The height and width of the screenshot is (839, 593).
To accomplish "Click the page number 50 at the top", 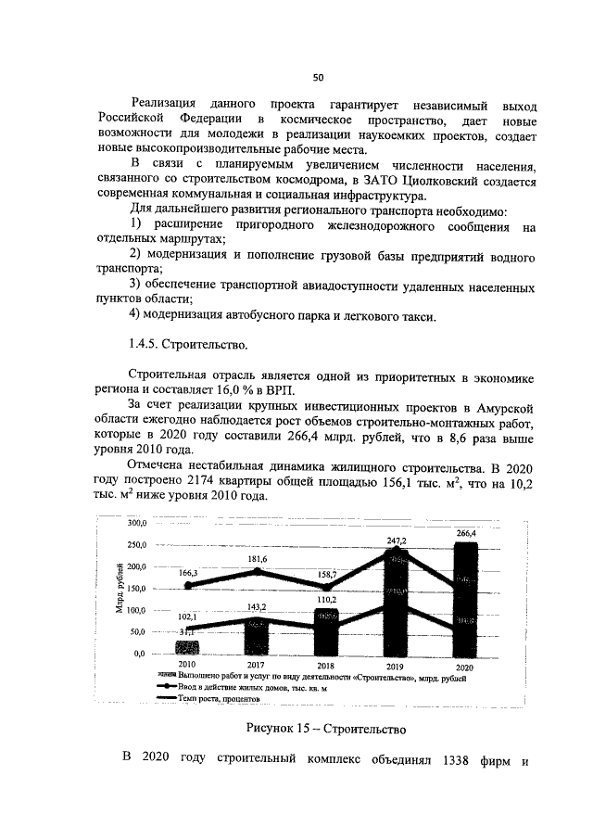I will point(316,76).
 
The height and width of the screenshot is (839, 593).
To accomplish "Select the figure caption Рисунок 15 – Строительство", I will point(313,729).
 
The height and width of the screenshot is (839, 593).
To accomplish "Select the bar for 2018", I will point(326,630).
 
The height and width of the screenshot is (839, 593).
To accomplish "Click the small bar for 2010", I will point(188,646).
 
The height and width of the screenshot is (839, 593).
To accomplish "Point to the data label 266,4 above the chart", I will point(466,533).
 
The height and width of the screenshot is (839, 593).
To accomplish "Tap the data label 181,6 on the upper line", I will point(257,559).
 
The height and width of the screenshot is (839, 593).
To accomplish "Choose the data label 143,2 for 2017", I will point(257,606).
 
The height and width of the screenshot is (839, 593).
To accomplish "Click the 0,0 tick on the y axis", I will point(141,654).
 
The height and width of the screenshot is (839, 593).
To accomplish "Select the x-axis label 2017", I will point(257,666).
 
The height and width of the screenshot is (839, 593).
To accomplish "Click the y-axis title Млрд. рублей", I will point(119,589).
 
